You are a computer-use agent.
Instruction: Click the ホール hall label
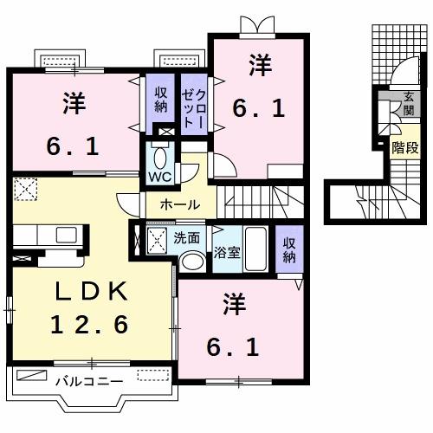pos(181,205)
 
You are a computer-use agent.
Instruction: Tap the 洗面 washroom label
pos(186,236)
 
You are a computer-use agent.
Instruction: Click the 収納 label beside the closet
pos(162,100)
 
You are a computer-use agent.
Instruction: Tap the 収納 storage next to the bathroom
pos(289,249)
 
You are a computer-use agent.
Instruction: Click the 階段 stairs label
pos(403,147)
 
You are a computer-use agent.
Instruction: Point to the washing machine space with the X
pos(156,240)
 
